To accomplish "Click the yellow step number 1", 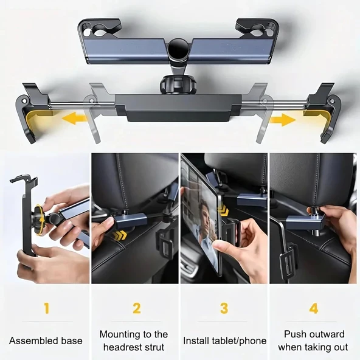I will pyautogui.click(x=46, y=308).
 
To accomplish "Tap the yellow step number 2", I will pyautogui.click(x=136, y=308).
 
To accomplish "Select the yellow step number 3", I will pyautogui.click(x=224, y=308).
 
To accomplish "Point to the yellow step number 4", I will pyautogui.click(x=313, y=308).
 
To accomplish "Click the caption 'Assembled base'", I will pyautogui.click(x=46, y=341).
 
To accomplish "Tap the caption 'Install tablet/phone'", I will pyautogui.click(x=225, y=341).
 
